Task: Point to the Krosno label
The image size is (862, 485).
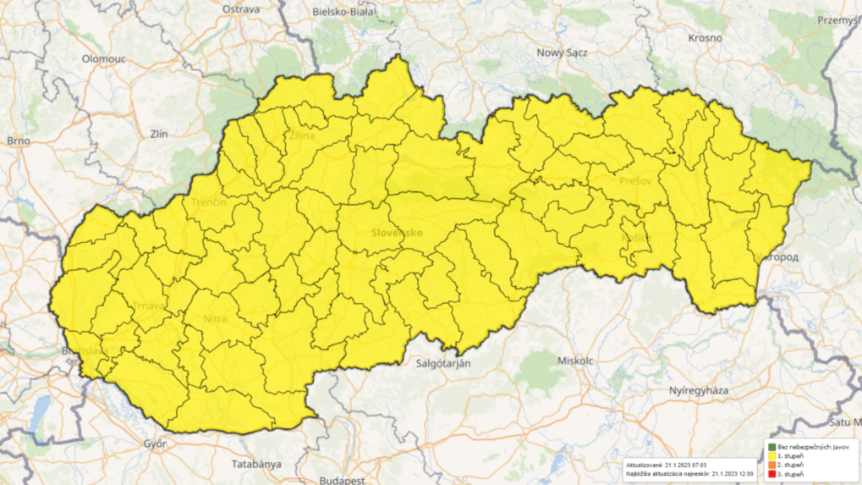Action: coord(705,38)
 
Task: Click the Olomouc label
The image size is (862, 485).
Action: coord(104,58)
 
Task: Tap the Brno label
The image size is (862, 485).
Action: coord(18,141)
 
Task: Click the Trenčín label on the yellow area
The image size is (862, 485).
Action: coord(209,203)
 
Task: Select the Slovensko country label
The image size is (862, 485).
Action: coord(396,232)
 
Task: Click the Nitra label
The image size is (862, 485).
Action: coord(217,318)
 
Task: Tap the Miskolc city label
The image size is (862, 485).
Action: coord(576,360)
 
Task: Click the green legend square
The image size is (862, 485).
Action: coord(772,446)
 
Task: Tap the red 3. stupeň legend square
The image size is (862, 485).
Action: coord(772,474)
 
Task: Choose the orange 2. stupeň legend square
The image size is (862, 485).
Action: coord(772,465)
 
